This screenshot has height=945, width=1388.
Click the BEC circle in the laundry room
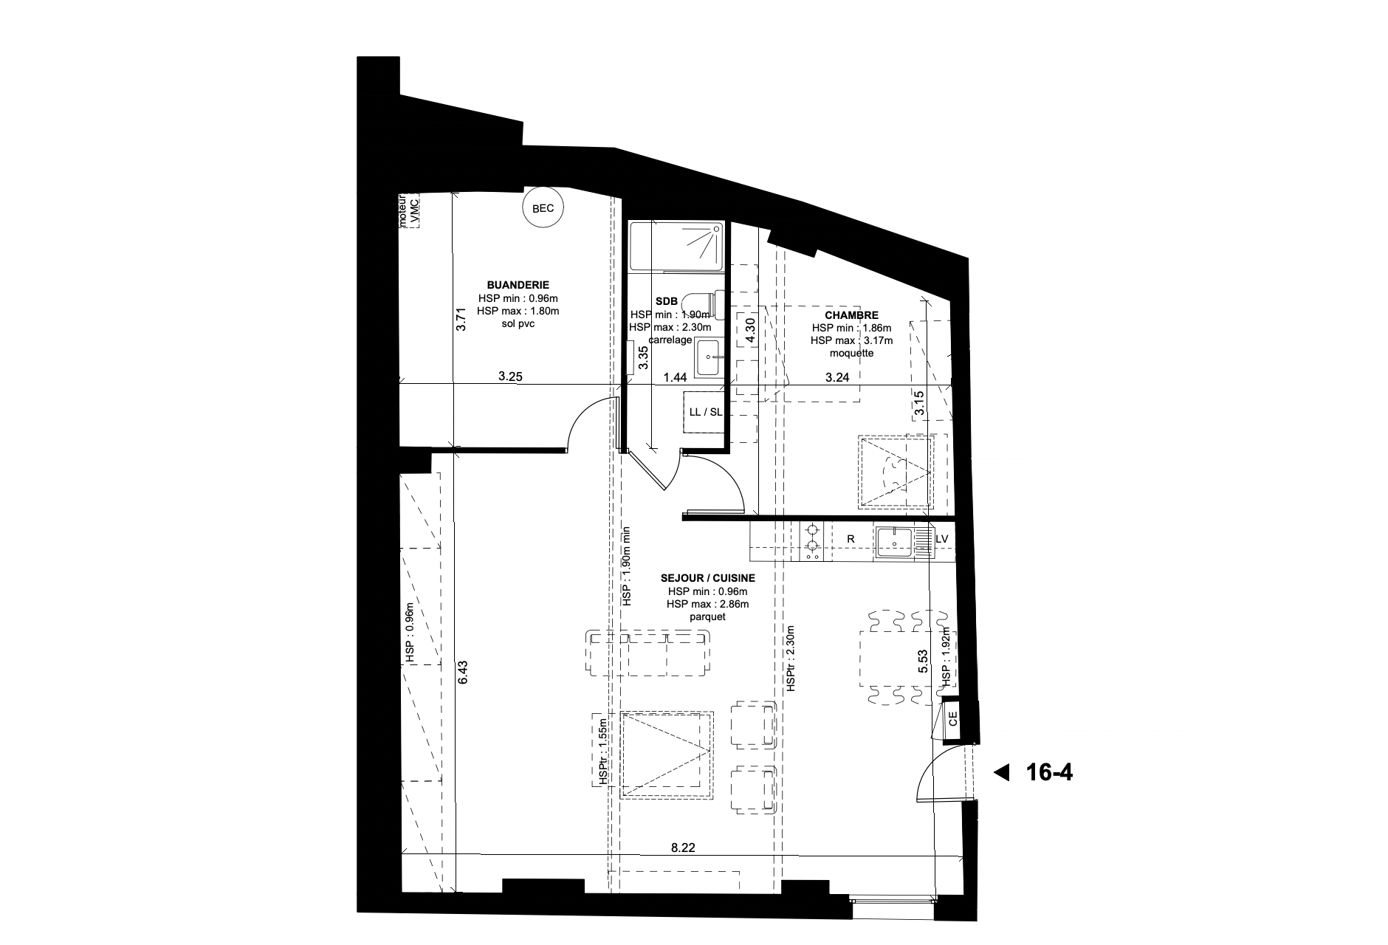tap(543, 208)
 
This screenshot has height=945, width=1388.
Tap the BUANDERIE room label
tap(518, 285)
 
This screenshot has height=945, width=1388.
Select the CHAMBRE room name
tap(851, 315)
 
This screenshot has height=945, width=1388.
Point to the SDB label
tap(667, 301)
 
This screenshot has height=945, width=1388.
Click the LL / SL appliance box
tap(705, 412)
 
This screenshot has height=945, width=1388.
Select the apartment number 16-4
tap(1049, 773)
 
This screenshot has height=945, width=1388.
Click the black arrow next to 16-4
tap(1001, 773)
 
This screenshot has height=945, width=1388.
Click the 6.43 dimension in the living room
tap(462, 672)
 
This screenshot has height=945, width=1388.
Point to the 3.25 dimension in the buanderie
tap(510, 377)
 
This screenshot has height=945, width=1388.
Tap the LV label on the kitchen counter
tap(941, 540)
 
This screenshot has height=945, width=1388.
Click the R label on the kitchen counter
tap(851, 540)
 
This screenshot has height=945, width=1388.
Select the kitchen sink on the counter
tap(895, 540)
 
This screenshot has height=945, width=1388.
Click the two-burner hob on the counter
tap(812, 540)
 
